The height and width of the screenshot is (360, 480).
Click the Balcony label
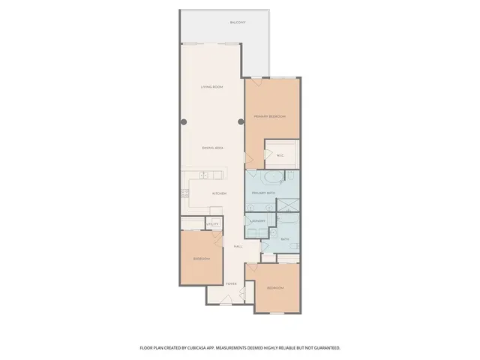coord(238,22)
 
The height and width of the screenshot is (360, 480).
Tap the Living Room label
coord(212,88)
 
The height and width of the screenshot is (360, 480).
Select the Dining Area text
coord(213,148)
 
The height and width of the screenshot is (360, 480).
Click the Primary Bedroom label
coord(270,116)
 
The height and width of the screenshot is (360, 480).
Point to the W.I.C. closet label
coord(280,156)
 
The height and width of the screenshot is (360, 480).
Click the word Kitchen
coord(219,193)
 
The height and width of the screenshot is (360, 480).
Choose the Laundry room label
coord(259,221)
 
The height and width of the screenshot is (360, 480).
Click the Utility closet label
coord(213,224)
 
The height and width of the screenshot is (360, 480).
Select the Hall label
coord(237,246)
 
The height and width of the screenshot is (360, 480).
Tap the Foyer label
coord(232,283)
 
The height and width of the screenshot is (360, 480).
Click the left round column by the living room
coord(182,121)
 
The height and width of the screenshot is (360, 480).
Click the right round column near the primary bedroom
coord(241,121)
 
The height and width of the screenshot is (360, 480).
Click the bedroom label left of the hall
coord(201,259)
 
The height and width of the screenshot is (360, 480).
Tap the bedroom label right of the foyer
coord(275,288)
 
